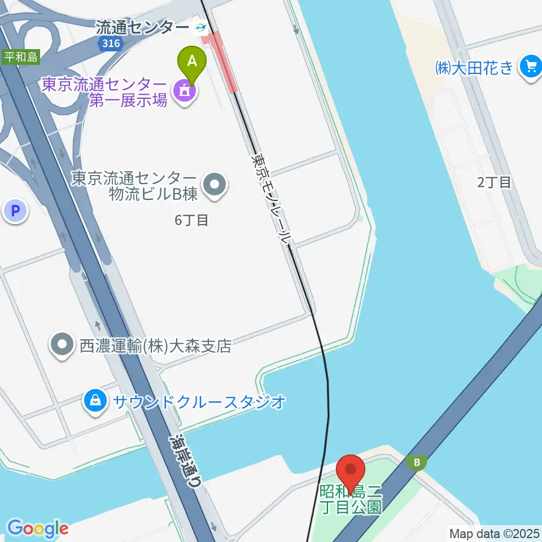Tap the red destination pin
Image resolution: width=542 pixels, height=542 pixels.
(351, 470)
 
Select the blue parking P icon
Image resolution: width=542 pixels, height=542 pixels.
(15, 212)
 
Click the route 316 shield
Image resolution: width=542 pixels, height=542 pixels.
(110, 43)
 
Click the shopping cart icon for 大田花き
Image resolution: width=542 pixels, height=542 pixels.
(530, 67)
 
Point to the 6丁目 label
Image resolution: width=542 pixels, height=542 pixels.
(191, 220)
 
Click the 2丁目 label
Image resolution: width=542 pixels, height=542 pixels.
(494, 182)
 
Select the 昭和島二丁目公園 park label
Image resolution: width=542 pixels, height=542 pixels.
(351, 499)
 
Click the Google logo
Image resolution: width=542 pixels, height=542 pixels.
(38, 528)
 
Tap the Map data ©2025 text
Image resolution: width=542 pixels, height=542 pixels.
(494, 532)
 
